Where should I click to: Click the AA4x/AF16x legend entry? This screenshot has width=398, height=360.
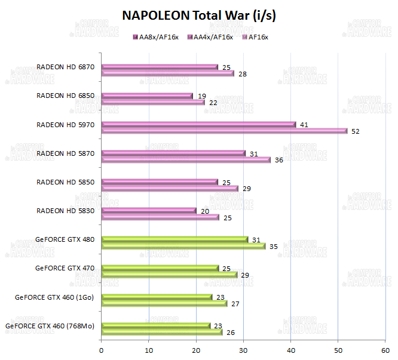click(x=210, y=38)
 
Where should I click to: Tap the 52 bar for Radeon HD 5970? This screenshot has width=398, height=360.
click(x=224, y=131)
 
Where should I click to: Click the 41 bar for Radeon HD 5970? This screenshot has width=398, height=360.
click(x=198, y=124)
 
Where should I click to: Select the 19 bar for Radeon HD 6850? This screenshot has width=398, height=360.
click(x=147, y=96)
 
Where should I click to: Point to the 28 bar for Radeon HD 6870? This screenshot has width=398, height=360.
click(x=167, y=73)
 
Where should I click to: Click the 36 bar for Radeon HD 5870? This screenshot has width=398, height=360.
click(x=186, y=159)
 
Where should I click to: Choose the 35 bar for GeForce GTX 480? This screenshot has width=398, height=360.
click(x=183, y=246)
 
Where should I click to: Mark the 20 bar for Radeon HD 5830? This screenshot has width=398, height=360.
click(x=149, y=210)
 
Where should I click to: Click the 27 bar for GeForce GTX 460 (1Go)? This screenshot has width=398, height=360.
click(x=164, y=303)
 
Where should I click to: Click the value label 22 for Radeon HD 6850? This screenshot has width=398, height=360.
click(x=213, y=103)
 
